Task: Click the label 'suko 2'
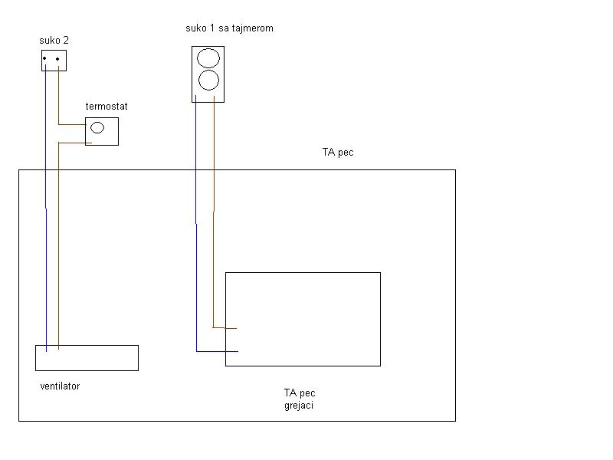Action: [54, 39]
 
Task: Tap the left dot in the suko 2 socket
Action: [45, 58]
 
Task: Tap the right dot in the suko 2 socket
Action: [58, 58]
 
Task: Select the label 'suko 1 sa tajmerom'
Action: [229, 28]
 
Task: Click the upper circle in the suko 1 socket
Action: [208, 58]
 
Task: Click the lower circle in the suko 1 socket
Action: [208, 80]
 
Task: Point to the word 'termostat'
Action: [107, 106]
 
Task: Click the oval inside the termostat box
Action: [97, 128]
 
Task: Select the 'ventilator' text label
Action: [60, 386]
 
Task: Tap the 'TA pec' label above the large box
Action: [337, 153]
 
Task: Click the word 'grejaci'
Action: [298, 406]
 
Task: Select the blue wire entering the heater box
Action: [218, 351]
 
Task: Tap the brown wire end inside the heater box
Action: [230, 328]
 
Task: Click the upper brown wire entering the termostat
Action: [71, 124]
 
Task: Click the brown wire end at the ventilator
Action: [59, 346]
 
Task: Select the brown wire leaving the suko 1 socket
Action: [214, 153]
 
